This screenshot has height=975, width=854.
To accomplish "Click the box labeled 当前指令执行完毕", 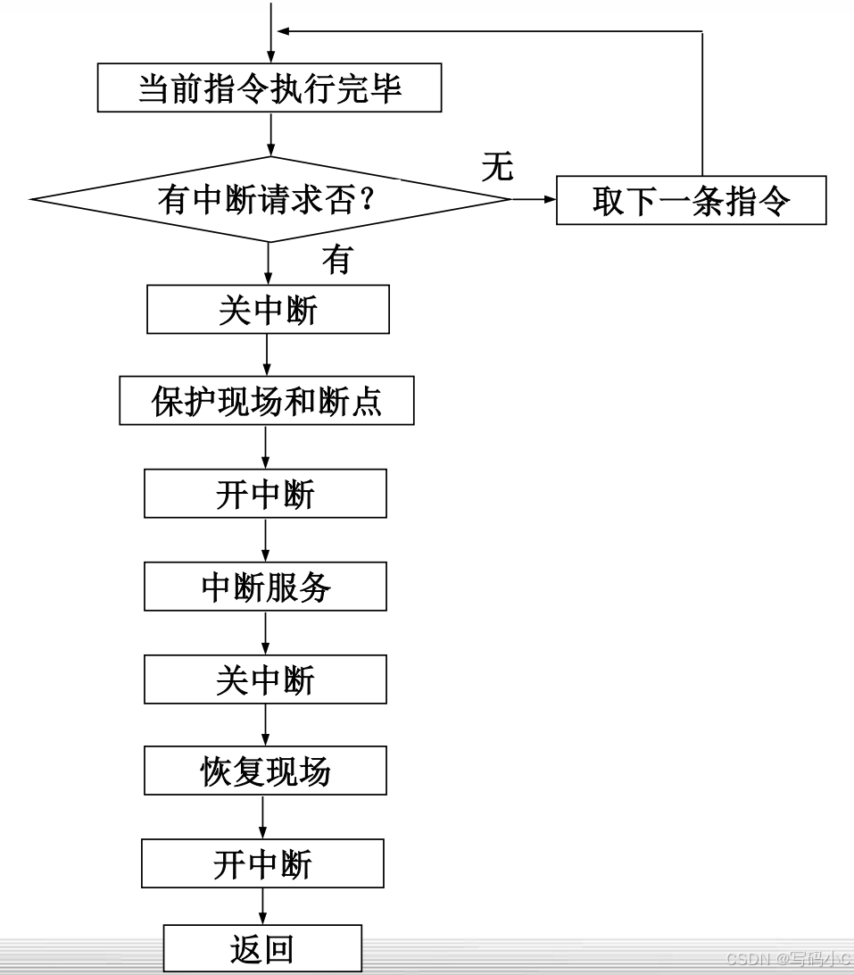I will click(x=269, y=87).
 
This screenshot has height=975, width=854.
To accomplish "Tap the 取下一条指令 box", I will click(x=691, y=201).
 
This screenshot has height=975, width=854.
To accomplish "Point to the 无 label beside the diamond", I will click(x=497, y=167).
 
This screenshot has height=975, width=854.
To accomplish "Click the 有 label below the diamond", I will click(x=336, y=260).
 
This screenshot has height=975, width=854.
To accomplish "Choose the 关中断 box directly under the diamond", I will click(x=268, y=309).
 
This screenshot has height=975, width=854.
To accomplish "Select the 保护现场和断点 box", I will click(x=267, y=401).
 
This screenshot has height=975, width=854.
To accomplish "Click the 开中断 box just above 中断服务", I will click(x=265, y=494).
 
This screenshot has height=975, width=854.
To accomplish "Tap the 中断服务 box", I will click(x=265, y=587).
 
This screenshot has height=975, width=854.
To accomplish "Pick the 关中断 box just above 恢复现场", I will click(x=265, y=679).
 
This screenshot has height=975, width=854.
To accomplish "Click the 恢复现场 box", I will click(x=265, y=771).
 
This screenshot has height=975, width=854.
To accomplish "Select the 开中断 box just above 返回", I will click(x=262, y=863).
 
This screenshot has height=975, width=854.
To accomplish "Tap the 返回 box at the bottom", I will click(x=262, y=948).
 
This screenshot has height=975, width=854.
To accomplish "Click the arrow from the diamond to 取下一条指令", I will click(x=533, y=200).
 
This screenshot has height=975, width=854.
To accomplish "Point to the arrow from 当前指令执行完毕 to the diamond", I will click(x=269, y=134).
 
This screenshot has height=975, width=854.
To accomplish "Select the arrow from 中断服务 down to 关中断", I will click(x=265, y=633).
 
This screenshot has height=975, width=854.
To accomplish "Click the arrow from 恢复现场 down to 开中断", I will click(x=263, y=816).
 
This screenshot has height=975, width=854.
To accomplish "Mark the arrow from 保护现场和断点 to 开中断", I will click(x=266, y=446).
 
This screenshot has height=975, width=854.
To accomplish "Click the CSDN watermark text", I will click(x=788, y=960).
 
